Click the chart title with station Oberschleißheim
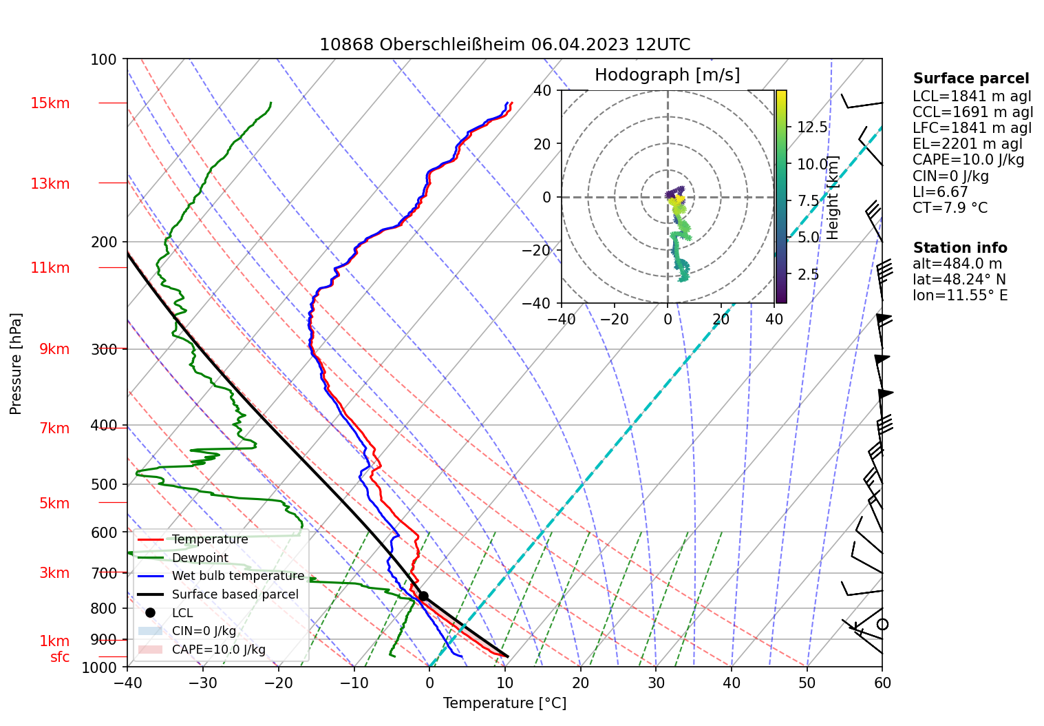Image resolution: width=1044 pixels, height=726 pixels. coord(504,45)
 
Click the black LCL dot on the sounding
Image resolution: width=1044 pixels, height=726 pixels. coord(423,597)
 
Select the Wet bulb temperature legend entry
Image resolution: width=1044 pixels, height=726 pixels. coord(237,576)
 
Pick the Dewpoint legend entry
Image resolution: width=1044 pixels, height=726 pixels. coord(200,558)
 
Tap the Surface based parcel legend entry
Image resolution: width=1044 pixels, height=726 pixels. coord(235,594)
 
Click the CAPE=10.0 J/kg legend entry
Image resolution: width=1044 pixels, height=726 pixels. coord(218,650)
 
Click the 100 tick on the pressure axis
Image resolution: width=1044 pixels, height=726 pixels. coord(104,59)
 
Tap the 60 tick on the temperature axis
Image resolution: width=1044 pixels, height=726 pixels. coord(882,683)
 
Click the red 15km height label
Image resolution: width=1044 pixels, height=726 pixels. coord(50,103)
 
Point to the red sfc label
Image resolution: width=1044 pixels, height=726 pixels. coord(60,657)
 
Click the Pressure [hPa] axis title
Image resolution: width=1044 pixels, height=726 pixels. coord(16,364)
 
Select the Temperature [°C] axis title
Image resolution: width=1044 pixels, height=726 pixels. coord(504,703)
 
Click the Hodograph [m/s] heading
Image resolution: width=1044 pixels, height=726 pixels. coord(667,75)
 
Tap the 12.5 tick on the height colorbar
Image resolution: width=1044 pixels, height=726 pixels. coord(812,127)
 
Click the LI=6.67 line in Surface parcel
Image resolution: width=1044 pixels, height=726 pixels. coord(940,192)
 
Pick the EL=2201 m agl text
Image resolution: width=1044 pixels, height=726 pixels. coord(968,144)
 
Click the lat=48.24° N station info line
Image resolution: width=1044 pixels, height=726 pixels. coord(959,280)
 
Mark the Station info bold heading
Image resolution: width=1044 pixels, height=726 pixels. coord(960,248)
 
